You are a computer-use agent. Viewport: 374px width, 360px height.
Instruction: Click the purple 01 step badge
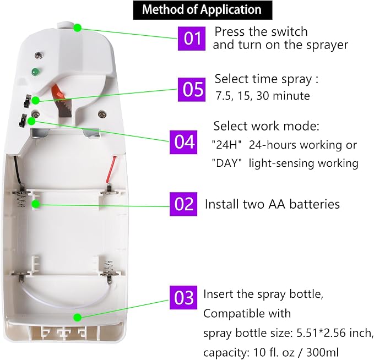tap(192, 39)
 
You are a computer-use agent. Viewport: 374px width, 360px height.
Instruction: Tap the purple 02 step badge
tap(183, 204)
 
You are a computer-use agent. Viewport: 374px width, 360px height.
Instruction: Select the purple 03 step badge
tap(183, 298)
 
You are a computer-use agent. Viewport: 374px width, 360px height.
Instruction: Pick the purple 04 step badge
tap(183, 142)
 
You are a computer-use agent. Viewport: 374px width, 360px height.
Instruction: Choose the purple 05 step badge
tap(192, 89)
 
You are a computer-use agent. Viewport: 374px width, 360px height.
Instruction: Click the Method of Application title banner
tap(203, 10)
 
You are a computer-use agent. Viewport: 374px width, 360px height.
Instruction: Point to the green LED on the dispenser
tap(36, 72)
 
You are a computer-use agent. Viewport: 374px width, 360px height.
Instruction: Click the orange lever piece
tap(58, 92)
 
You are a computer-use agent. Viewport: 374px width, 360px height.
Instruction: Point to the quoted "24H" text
tap(226, 145)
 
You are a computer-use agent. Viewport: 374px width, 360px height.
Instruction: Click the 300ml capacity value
tap(322, 352)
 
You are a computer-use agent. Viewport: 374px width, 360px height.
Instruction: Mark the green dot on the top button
tap(77, 28)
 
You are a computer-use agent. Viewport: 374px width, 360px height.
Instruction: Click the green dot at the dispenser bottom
tap(77, 317)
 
